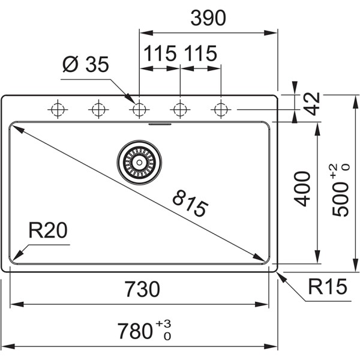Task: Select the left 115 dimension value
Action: click(160, 54)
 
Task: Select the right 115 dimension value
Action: click(200, 54)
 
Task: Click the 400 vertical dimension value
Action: click(303, 189)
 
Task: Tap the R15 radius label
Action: click(328, 288)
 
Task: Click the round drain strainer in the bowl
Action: click(139, 161)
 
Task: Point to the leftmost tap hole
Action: click(58, 109)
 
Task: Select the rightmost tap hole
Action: click(221, 109)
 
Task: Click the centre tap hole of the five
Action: click(139, 109)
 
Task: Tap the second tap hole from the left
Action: click(98, 109)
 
